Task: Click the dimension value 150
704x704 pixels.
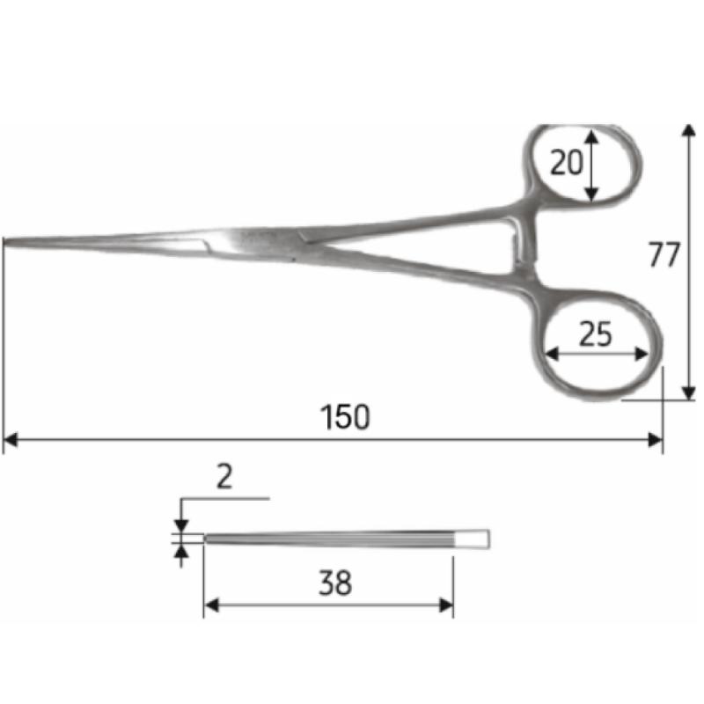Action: (346, 416)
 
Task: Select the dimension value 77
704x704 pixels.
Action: (664, 255)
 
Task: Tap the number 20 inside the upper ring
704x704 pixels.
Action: (567, 163)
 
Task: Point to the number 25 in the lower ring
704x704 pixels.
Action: (596, 334)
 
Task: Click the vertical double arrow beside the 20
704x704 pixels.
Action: (592, 165)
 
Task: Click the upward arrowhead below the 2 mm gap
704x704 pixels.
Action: (181, 551)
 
